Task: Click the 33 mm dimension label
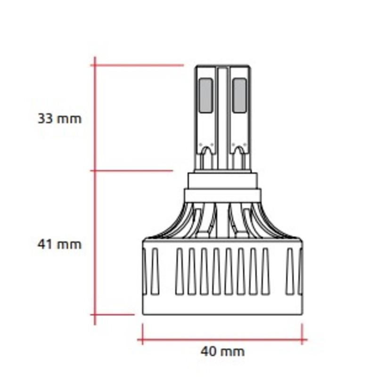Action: point(59,118)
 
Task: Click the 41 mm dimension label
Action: point(59,244)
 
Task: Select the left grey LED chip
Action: point(205,95)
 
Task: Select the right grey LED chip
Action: point(239,95)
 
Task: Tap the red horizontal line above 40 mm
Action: point(221,339)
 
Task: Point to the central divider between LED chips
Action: point(222,113)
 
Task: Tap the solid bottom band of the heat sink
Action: point(222,306)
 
